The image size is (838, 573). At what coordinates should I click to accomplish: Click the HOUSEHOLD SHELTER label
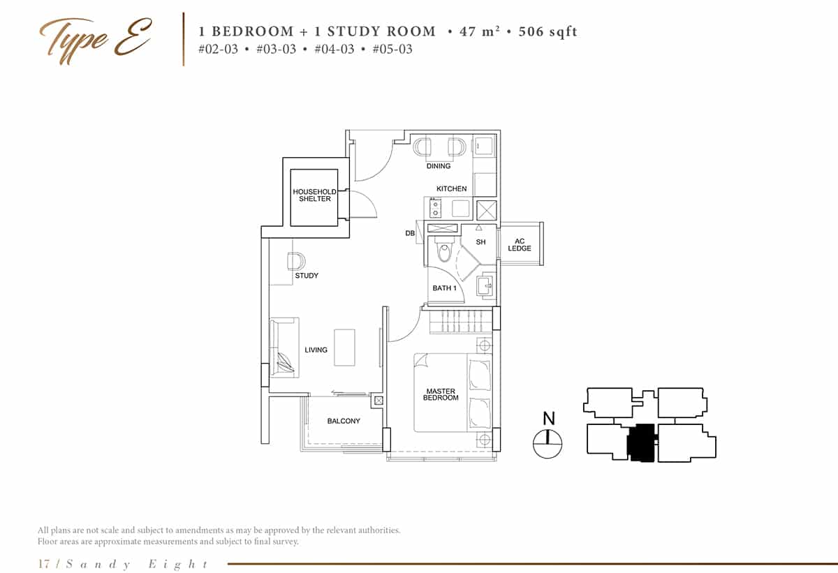(x=314, y=195)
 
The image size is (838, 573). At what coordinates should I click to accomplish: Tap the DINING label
(x=439, y=166)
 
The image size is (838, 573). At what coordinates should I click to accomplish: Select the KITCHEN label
(x=451, y=189)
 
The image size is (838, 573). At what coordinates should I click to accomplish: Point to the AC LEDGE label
(x=520, y=245)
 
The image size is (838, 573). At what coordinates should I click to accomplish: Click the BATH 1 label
(x=444, y=288)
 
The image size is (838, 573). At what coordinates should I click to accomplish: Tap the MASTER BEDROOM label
(x=441, y=394)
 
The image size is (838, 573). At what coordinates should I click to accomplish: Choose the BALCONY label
(x=344, y=422)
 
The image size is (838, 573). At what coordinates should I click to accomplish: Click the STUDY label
(x=307, y=276)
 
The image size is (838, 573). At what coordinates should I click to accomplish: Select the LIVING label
(x=316, y=350)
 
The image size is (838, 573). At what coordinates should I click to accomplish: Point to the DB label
(x=410, y=233)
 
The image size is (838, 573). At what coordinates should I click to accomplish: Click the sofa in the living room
(x=284, y=348)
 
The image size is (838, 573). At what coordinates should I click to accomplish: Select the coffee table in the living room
(x=344, y=348)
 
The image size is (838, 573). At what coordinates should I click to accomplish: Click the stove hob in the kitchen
(x=434, y=208)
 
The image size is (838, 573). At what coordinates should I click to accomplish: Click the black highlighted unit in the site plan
(x=641, y=442)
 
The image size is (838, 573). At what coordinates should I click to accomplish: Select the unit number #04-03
(x=335, y=49)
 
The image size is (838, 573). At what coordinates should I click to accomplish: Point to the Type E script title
(x=95, y=38)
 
